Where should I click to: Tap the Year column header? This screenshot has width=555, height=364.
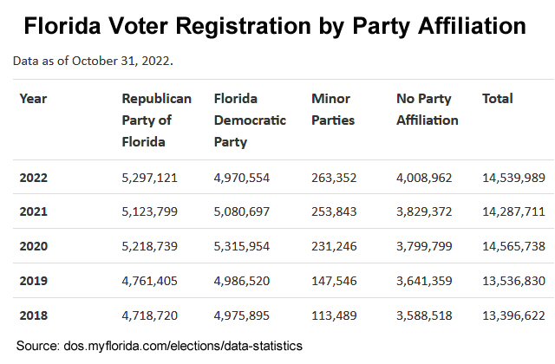[x=33, y=99]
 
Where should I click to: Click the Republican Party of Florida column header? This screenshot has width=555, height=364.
[x=156, y=120]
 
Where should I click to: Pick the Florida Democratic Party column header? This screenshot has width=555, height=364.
[x=249, y=120]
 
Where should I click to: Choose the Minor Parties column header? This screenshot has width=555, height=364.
[x=333, y=109]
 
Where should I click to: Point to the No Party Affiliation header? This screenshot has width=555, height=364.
[x=427, y=109]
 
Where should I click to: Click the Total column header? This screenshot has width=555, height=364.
[x=498, y=99]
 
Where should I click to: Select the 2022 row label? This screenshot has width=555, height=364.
[x=34, y=178]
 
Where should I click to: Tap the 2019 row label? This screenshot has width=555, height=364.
[x=34, y=281]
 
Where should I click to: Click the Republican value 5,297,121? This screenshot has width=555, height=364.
[x=150, y=178]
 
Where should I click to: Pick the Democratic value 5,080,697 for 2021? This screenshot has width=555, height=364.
[x=242, y=211]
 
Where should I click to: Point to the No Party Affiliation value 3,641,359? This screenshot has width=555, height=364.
[x=425, y=281]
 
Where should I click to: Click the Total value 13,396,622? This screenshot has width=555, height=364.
[x=513, y=315]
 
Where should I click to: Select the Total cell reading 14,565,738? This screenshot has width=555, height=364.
[x=513, y=246]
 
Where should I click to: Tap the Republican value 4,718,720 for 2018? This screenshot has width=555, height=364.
[x=150, y=315]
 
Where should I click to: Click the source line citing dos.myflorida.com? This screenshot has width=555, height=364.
[x=160, y=346]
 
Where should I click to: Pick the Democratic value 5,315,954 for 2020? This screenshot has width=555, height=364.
[x=242, y=246]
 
